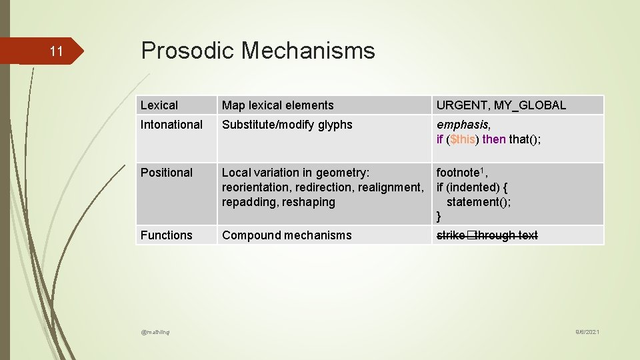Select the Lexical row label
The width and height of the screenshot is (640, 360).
tap(159, 105)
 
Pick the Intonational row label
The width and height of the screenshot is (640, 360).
tap(171, 125)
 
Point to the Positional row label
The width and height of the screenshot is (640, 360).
tap(166, 173)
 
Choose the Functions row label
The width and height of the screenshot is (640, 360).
tap(166, 235)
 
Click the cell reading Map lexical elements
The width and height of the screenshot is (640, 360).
tap(277, 105)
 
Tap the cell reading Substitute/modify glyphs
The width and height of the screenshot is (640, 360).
tap(287, 125)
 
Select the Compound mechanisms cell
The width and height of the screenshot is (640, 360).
tap(287, 235)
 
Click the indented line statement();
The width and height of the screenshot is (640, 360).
tap(479, 202)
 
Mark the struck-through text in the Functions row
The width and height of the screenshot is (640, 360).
tap(487, 235)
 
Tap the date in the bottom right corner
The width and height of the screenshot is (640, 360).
tap(587, 332)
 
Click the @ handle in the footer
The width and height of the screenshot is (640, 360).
tap(155, 332)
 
